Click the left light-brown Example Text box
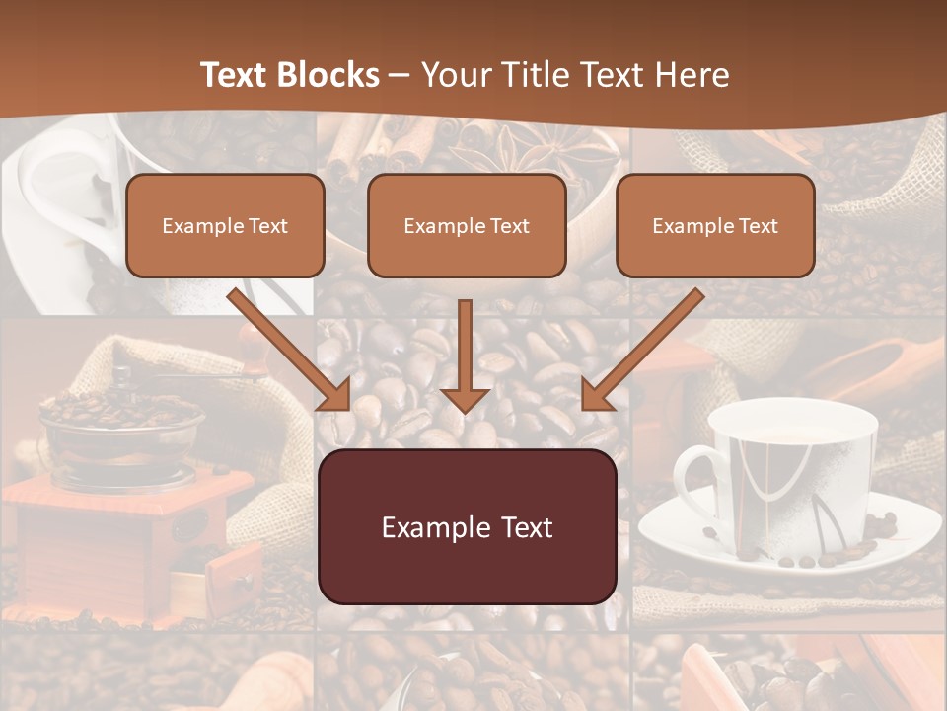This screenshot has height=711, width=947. pos(225,226)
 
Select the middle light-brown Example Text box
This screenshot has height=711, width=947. pos(467,226)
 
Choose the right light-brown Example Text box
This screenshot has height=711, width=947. pos(715,226)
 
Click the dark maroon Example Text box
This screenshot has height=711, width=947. pos(468,527)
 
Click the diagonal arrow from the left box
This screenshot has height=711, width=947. pos(289,349)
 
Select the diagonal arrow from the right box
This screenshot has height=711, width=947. pos(643,349)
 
